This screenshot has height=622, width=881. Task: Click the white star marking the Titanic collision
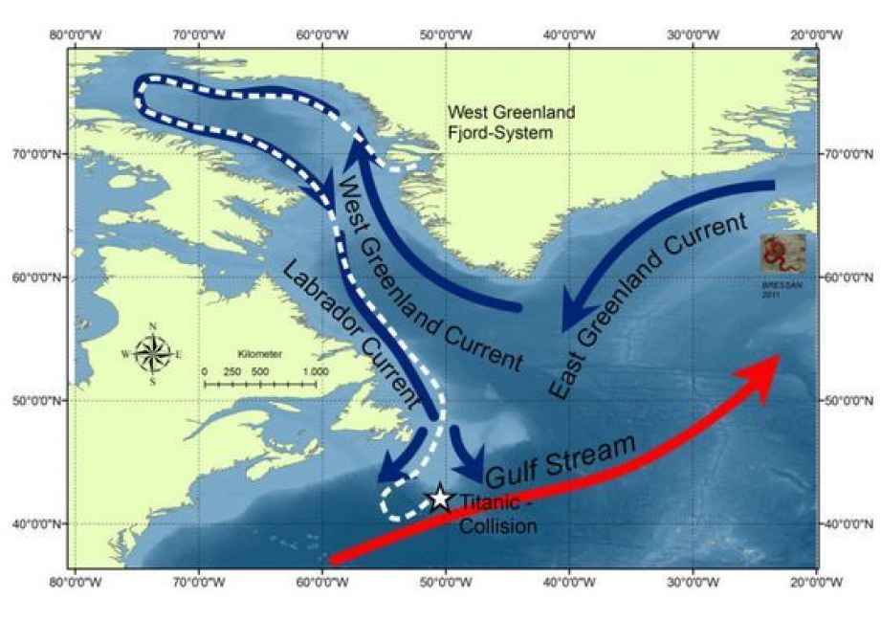[x=439, y=498]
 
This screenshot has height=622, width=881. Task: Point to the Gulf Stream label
[x=562, y=461]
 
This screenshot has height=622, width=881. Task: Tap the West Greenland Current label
[x=430, y=271]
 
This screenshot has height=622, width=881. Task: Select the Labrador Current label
[x=354, y=330]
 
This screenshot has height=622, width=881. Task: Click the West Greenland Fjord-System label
[x=512, y=122]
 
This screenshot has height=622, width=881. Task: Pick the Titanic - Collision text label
[x=497, y=513]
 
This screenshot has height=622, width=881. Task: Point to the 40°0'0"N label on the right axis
[x=848, y=523]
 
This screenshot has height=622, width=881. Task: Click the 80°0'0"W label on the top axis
[x=77, y=35]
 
